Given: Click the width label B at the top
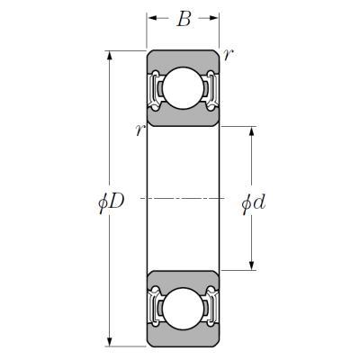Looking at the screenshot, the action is (184, 19).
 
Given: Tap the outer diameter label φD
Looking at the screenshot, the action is (112, 202).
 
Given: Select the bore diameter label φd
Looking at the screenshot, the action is (254, 203).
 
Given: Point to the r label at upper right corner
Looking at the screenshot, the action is (228, 54).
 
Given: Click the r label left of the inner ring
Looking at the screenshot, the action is (140, 130).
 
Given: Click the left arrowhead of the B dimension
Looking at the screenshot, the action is (152, 18).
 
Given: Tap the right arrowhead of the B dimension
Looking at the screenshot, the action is (213, 18).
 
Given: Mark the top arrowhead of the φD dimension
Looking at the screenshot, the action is (110, 57).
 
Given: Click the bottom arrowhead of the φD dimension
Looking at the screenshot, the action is (110, 341).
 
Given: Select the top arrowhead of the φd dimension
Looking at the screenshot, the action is (252, 132).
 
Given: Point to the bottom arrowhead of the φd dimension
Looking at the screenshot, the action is (252, 265).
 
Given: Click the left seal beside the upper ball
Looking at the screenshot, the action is (155, 90).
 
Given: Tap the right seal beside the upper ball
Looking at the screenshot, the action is (211, 90).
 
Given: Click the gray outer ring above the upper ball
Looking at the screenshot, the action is (183, 58).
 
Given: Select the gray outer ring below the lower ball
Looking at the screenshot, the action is (183, 337).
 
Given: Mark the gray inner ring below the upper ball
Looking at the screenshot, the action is (183, 118).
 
